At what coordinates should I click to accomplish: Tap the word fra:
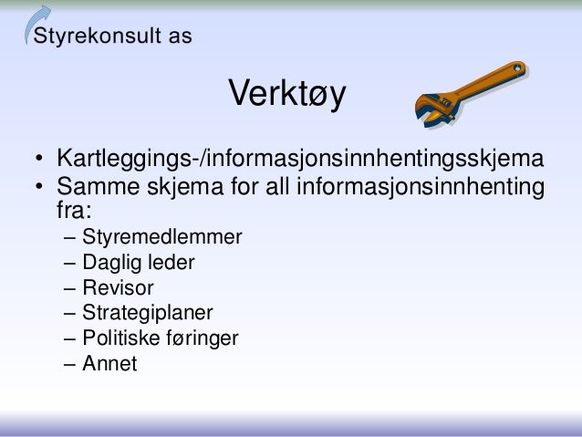(x=74, y=212)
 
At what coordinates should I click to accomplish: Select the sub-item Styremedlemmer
(x=162, y=239)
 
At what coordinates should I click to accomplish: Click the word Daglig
(x=111, y=265)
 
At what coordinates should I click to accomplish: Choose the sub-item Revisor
(x=118, y=289)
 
